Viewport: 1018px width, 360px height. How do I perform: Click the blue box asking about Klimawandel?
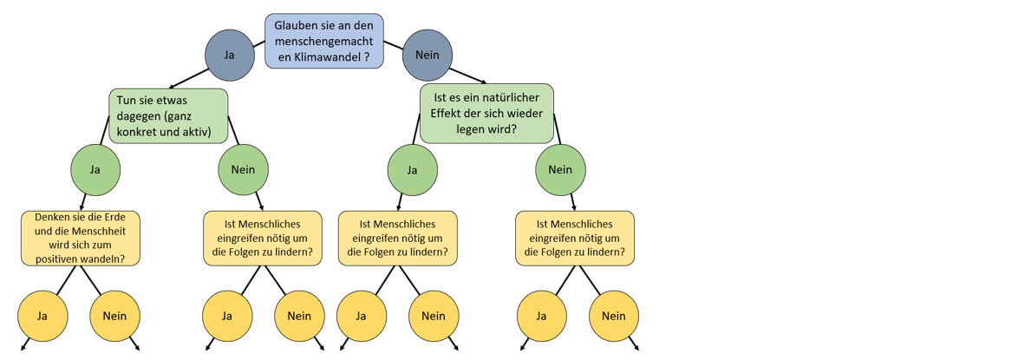click(x=324, y=41)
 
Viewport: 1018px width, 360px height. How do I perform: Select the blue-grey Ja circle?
click(x=229, y=55)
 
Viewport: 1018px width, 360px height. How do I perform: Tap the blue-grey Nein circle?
click(x=427, y=55)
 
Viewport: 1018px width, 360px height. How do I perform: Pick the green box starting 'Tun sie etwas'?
click(x=168, y=116)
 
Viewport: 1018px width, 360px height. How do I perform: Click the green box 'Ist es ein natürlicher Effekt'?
click(x=487, y=113)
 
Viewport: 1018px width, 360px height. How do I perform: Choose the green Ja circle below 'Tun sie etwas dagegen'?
click(x=95, y=170)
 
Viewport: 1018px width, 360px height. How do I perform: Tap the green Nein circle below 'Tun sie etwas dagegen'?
click(x=243, y=170)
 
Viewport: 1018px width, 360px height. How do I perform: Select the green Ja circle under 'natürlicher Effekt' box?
click(x=412, y=170)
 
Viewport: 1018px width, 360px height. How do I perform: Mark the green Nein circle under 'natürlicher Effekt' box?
click(x=560, y=170)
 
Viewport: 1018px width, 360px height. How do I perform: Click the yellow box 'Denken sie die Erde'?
click(x=82, y=238)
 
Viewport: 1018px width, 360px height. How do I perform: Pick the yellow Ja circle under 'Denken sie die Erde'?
click(x=42, y=317)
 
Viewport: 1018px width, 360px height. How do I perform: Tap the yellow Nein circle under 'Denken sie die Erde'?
click(x=114, y=317)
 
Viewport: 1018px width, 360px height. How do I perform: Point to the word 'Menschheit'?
click(x=100, y=230)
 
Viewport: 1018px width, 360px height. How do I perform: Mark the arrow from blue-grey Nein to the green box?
click(x=467, y=75)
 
